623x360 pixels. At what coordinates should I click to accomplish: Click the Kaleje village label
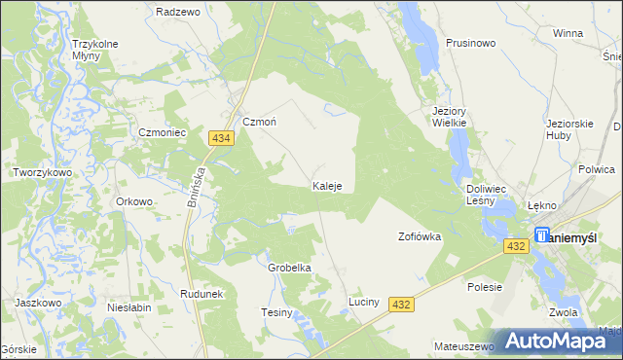click(326, 185)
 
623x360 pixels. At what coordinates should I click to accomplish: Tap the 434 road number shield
click(220, 140)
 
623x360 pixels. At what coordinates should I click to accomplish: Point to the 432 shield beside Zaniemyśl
click(517, 248)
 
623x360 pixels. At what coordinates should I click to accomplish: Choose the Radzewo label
click(177, 12)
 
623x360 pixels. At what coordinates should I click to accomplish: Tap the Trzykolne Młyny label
click(94, 49)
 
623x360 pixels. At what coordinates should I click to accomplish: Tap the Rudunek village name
click(202, 293)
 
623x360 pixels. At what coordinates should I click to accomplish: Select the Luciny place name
click(370, 303)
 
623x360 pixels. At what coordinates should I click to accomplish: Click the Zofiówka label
click(421, 236)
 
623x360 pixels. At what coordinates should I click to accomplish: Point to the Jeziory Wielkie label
click(450, 117)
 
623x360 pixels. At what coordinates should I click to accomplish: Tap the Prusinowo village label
click(471, 43)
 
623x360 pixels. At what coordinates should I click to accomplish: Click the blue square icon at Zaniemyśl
click(542, 234)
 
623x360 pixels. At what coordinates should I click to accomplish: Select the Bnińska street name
click(195, 182)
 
